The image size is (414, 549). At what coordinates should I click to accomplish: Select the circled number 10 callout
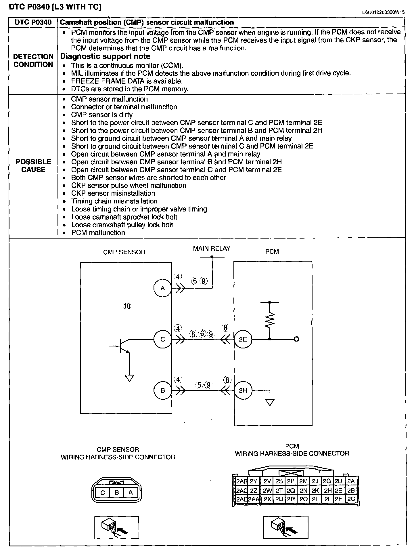coord(127,306)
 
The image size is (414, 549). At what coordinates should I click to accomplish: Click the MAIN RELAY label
coord(212,248)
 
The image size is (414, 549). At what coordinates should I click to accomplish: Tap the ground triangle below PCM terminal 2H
coord(270,402)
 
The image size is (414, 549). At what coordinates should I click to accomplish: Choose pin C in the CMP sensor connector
coord(103,493)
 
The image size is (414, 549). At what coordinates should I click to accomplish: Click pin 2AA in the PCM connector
coord(254,499)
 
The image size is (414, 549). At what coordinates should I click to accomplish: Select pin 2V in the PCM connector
coord(267,481)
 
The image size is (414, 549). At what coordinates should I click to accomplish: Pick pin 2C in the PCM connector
coord(351,499)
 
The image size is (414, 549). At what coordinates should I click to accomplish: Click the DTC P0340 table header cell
coord(33,22)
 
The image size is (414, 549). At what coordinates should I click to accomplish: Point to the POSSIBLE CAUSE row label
coord(33,166)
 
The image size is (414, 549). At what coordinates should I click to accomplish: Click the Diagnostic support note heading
coord(105,56)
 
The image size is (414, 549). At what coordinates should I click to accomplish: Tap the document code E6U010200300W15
coord(383,12)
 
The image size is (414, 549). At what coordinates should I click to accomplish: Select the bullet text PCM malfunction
coord(98,233)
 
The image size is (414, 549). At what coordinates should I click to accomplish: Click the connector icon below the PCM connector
coord(285,527)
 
